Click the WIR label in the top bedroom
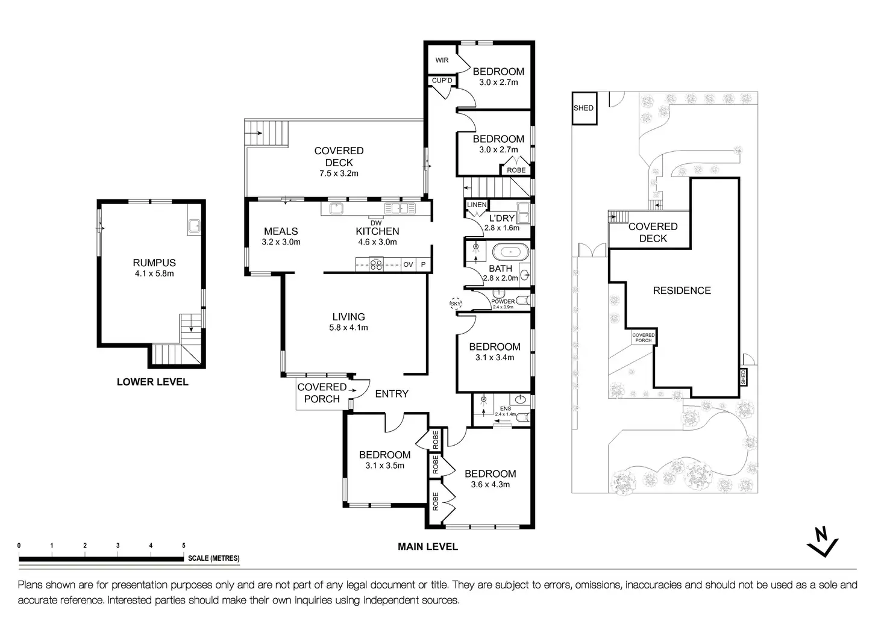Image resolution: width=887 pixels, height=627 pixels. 442,60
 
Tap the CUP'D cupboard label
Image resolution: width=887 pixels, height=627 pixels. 442,80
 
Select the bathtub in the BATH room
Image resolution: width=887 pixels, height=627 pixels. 511,252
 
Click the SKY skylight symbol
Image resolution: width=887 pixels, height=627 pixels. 456,304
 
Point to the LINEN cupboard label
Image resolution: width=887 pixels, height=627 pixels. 477,205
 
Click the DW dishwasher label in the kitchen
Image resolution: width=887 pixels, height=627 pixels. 376,223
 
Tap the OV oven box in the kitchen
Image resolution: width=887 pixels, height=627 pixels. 409,264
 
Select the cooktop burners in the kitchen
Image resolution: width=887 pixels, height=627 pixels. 376,264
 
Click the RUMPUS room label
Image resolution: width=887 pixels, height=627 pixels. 154,263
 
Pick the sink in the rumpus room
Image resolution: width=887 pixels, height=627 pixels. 195,226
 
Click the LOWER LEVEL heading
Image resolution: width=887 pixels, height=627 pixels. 152,382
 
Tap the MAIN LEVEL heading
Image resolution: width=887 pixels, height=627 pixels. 428,547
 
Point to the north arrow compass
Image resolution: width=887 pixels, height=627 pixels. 823,541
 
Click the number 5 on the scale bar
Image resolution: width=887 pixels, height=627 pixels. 184,546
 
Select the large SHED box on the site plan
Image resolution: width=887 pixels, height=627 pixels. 584,108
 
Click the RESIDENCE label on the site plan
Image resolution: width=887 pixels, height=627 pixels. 682,290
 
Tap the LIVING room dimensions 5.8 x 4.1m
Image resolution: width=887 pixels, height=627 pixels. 348,328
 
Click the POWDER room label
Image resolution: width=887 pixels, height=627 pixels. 503,302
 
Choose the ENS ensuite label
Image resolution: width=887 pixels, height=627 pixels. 506,408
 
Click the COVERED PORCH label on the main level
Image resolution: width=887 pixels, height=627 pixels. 322,393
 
